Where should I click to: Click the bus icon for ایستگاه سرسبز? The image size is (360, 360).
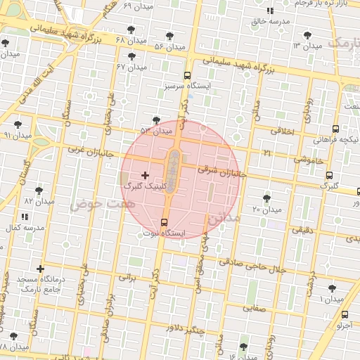tap(187, 75)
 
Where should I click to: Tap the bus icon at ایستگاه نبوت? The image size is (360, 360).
tap(165, 222)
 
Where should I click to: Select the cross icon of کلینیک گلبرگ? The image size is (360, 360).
tap(145, 175)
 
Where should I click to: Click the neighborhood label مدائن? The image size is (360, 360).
tap(224, 219)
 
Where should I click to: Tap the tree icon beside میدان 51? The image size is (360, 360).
tap(155, 120)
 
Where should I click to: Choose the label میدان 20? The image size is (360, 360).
tap(266, 210)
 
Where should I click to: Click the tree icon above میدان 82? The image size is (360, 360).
tap(39, 190)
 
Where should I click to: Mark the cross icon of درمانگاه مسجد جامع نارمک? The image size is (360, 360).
tap(40, 269)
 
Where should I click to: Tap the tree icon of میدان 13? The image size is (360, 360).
tap(307, 34)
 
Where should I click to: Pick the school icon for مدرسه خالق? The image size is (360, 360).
tap(271, 11)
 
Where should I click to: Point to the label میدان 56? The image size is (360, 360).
tap(169, 46)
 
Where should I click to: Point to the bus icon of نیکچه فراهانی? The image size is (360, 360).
tap(335, 129)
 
